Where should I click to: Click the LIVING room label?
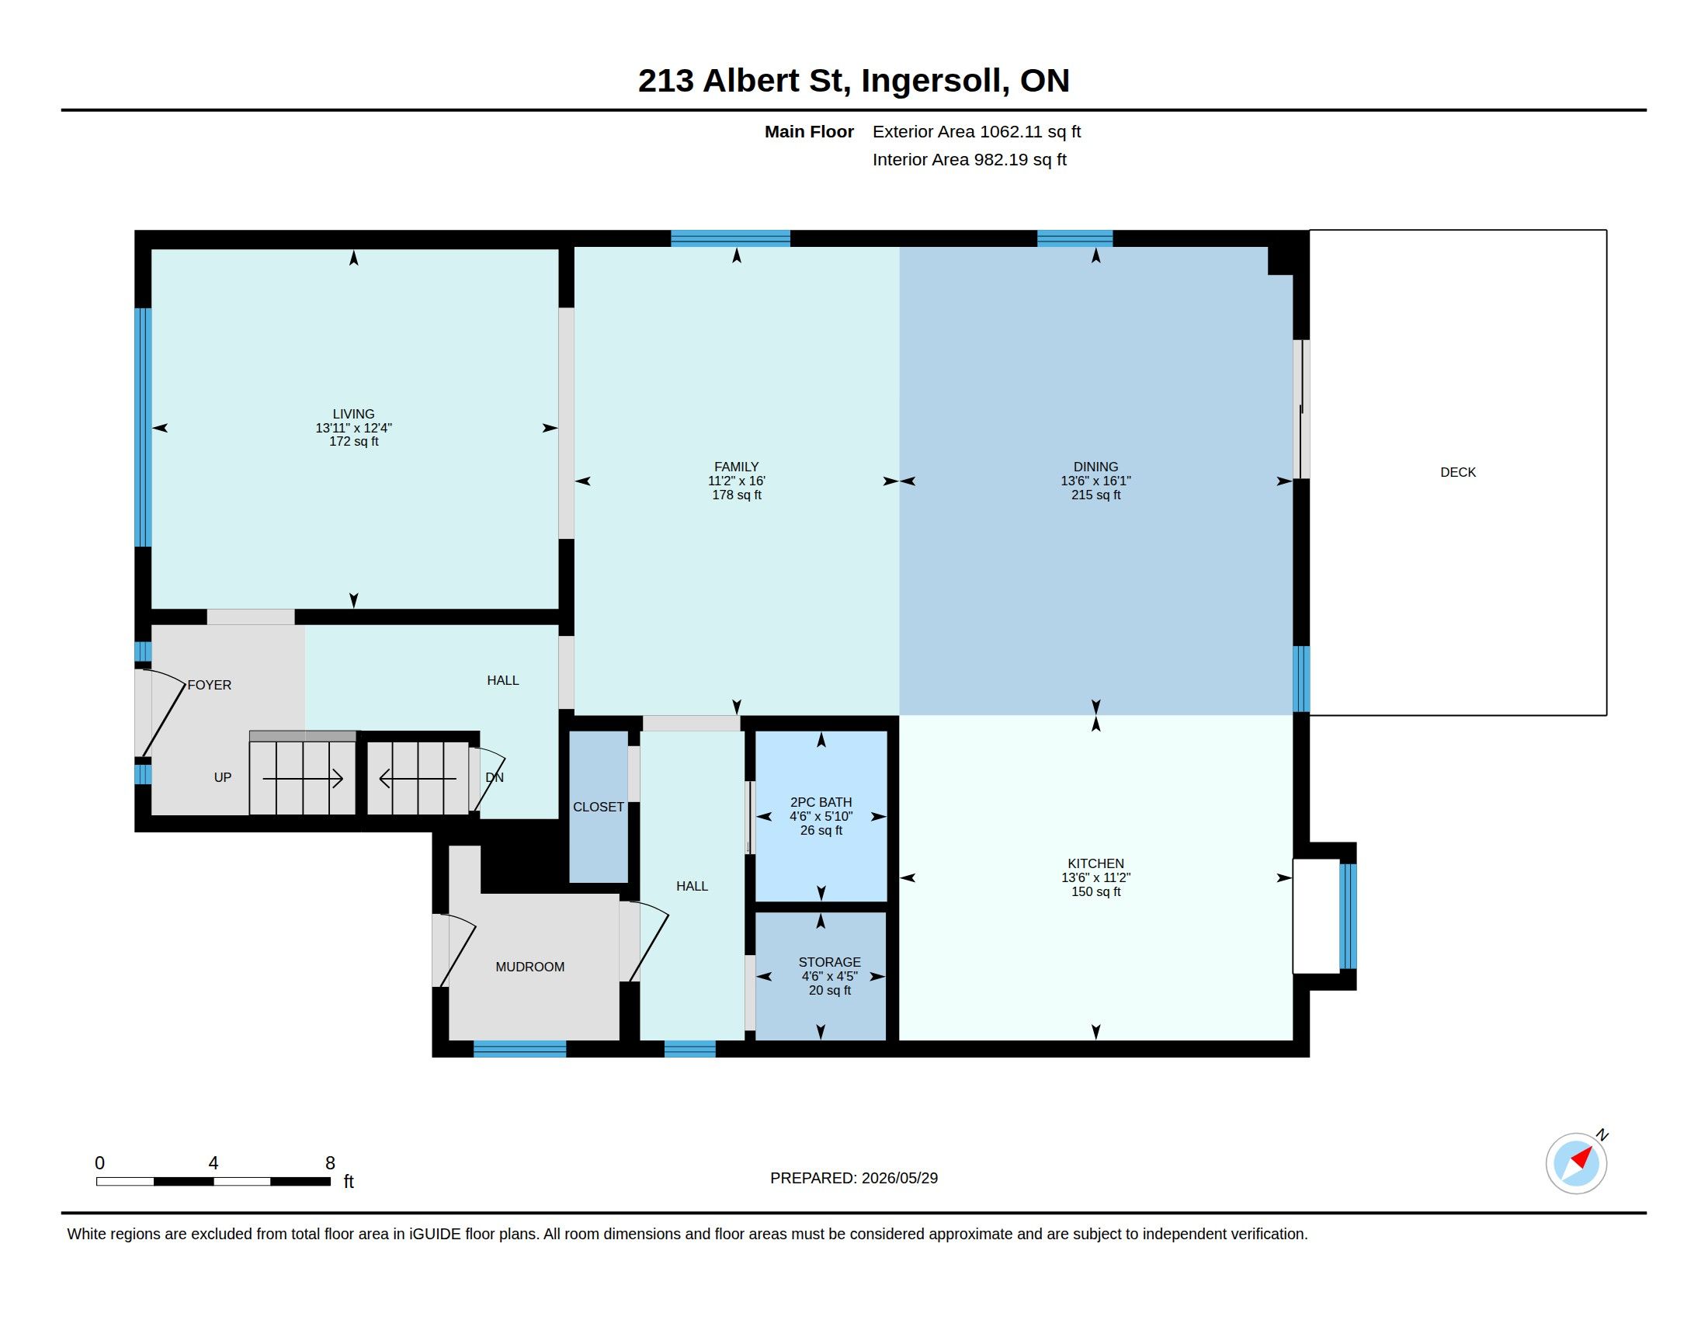353,414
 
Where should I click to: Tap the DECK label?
1458,472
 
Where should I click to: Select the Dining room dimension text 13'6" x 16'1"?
1095,481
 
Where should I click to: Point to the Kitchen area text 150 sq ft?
1095,891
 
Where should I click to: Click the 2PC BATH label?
821,802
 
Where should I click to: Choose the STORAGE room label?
830,962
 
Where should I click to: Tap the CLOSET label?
599,807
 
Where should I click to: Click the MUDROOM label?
529,967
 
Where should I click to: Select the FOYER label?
210,685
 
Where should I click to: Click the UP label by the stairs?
223,777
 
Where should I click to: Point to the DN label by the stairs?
495,777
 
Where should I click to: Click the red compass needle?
1582,1157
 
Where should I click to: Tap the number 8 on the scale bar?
330,1163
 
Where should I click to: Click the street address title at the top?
853,81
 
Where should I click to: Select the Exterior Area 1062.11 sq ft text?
977,131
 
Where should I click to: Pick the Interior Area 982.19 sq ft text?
969,159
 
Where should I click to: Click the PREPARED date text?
854,1178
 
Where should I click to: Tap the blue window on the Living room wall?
143,427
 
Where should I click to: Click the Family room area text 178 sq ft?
737,495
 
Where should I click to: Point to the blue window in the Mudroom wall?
520,1049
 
